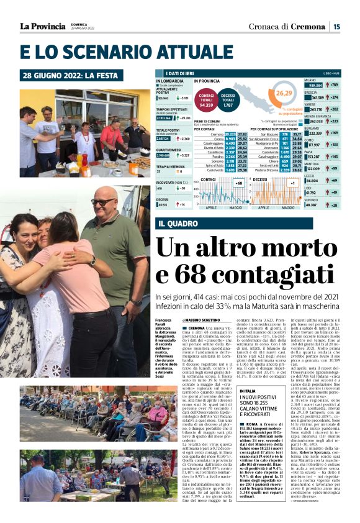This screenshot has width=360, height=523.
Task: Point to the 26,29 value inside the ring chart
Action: [284, 93]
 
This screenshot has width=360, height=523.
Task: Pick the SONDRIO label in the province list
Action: [312, 200]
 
